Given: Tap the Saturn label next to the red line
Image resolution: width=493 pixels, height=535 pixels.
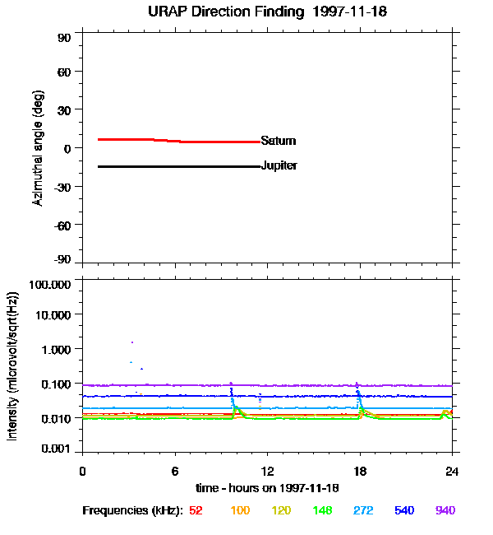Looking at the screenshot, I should pyautogui.click(x=278, y=141).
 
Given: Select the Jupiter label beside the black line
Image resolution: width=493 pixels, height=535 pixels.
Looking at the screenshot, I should pyautogui.click(x=279, y=165).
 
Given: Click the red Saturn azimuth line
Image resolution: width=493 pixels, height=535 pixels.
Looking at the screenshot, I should pyautogui.click(x=164, y=140).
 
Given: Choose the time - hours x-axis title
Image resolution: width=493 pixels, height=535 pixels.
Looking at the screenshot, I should pyautogui.click(x=266, y=488).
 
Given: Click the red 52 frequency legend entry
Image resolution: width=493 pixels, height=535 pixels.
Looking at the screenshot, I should pyautogui.click(x=196, y=510).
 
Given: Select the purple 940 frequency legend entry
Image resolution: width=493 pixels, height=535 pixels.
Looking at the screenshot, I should pyautogui.click(x=445, y=510).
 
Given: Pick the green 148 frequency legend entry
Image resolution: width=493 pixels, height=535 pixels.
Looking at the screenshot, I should pyautogui.click(x=321, y=510).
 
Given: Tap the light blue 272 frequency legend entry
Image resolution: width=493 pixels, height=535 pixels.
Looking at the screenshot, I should pyautogui.click(x=362, y=510).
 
